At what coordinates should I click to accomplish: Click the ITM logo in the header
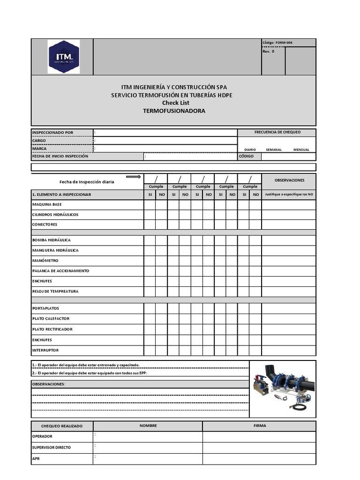[63, 57]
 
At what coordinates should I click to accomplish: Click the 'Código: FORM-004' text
[277, 43]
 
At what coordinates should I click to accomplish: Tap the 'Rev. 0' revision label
[268, 52]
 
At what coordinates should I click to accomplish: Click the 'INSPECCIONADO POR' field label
[52, 133]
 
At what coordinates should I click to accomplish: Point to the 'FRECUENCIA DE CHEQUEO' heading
[277, 132]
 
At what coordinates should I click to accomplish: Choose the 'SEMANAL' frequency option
[274, 150]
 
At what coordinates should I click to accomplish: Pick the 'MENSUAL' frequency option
[301, 150]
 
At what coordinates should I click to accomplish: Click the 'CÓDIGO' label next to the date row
[247, 157]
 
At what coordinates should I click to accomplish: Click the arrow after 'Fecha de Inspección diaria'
[133, 177]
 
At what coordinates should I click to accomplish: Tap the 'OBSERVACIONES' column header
[289, 180]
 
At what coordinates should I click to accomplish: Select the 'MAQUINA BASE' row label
[46, 204]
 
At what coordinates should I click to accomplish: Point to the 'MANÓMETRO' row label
[45, 261]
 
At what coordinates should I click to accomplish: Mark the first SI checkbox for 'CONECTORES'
[150, 225]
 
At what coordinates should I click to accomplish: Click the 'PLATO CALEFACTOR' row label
[51, 319]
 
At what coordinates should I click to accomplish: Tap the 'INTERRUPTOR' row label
[45, 350]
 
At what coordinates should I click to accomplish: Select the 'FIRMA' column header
[259, 426]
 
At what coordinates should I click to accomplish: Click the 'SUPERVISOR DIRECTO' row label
[51, 447]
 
